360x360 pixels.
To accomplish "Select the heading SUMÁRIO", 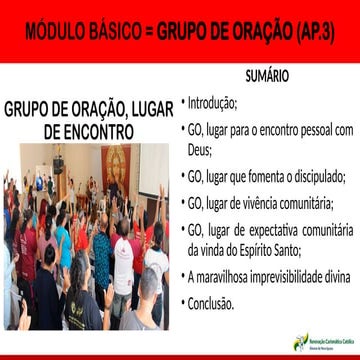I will pos(268,77).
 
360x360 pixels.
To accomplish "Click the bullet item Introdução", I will pos(213,102).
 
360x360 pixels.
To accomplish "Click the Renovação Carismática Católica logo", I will pos(320,341).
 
